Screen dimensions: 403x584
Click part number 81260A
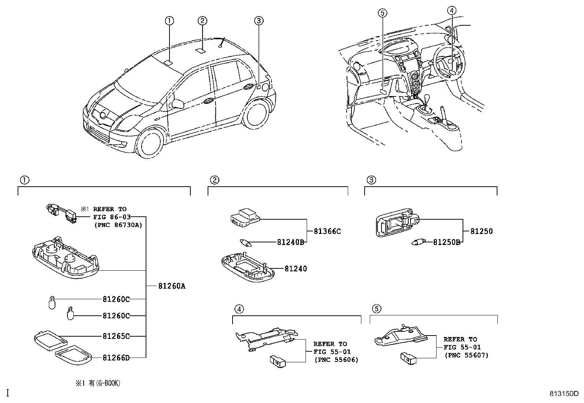coord(172,286)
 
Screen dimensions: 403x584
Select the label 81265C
coord(116,336)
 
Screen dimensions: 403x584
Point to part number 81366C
coord(327,231)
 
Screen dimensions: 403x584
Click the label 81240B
coord(290,242)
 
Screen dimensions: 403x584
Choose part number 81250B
coord(446,242)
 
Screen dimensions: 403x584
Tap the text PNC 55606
coord(336,360)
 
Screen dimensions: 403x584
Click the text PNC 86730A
coord(117,225)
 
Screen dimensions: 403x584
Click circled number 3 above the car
coord(259,21)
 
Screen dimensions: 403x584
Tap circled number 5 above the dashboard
coord(382,14)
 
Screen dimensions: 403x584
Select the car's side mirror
coord(178,103)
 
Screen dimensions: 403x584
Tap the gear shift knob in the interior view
coord(428,98)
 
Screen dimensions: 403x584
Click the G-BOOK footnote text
coord(98,383)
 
